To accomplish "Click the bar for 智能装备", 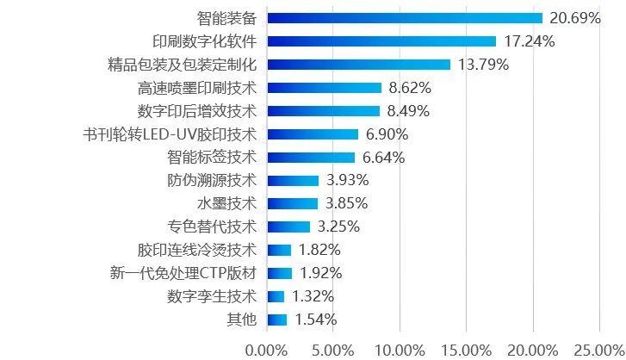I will pyautogui.click(x=405, y=17).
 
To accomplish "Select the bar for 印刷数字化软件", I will pyautogui.click(x=381, y=40).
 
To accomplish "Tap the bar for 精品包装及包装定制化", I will pyautogui.click(x=359, y=64).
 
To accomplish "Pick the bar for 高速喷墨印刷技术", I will pyautogui.click(x=325, y=87).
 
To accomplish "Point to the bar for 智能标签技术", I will pyautogui.click(x=311, y=158).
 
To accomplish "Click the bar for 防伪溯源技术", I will pyautogui.click(x=293, y=181).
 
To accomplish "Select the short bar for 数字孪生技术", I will pyautogui.click(x=276, y=297).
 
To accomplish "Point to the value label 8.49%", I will pyautogui.click(x=409, y=110).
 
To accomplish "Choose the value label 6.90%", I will pyautogui.click(x=387, y=134).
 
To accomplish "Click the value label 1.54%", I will pyautogui.click(x=315, y=320).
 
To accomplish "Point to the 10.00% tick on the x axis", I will pyautogui.click(x=400, y=350).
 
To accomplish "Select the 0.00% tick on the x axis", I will pyautogui.click(x=267, y=350).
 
